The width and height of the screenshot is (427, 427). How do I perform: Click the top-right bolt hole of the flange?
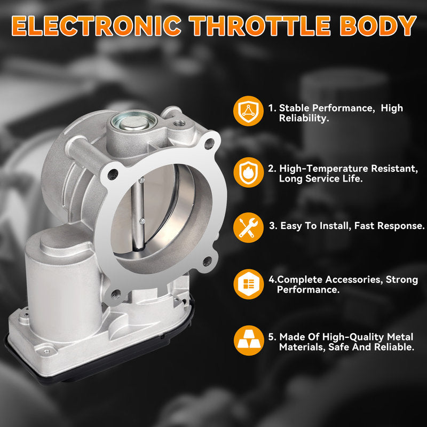pyautogui.click(x=209, y=143)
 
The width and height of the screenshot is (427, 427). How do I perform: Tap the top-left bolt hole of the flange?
pyautogui.click(x=113, y=174)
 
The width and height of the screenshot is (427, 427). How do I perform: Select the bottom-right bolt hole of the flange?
pyautogui.click(x=207, y=262)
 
